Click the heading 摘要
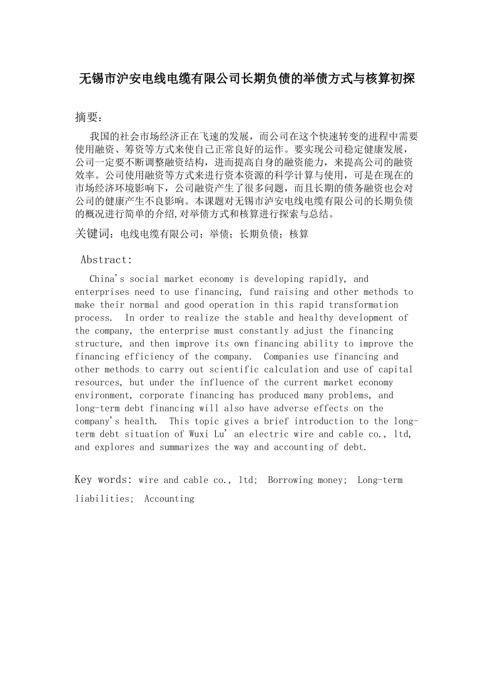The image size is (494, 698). [86, 117]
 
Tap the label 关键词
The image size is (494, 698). [94, 234]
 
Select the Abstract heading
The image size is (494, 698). [106, 260]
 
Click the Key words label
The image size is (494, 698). [103, 479]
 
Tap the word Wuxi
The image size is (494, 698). [199, 434]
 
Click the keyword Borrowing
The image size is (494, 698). [289, 480]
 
